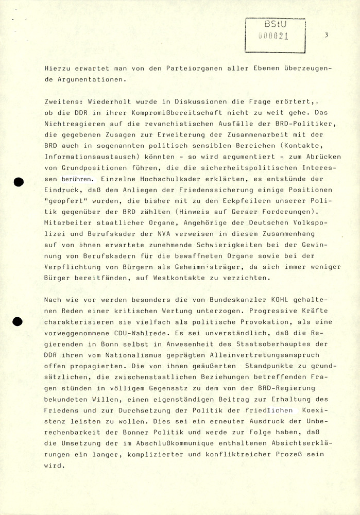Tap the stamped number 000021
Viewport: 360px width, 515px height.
[272, 36]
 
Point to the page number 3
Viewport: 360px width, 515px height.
[327, 35]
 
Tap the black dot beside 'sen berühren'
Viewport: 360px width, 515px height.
[20, 181]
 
